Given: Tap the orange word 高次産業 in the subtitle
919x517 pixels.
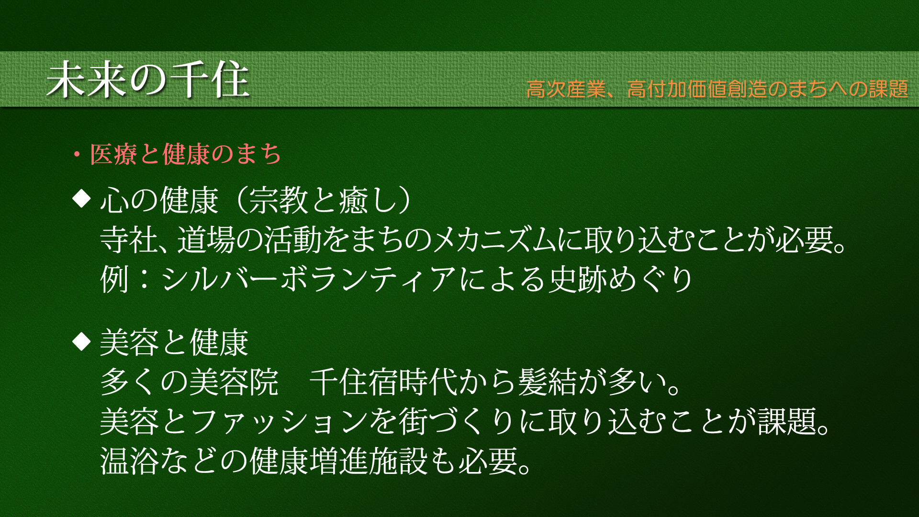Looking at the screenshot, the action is tap(566, 89).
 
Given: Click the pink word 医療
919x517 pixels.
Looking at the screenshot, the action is tap(113, 154).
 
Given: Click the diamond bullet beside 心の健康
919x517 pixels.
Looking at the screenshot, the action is tap(81, 198).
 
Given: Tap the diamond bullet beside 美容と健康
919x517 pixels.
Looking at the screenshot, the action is tap(81, 341).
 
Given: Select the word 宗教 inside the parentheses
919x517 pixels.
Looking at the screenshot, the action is tap(278, 200).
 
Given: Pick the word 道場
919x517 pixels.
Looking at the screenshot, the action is tap(206, 239).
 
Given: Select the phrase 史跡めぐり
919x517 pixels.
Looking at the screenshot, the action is tap(621, 279).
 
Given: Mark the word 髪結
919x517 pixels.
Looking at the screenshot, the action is tap(548, 382).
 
